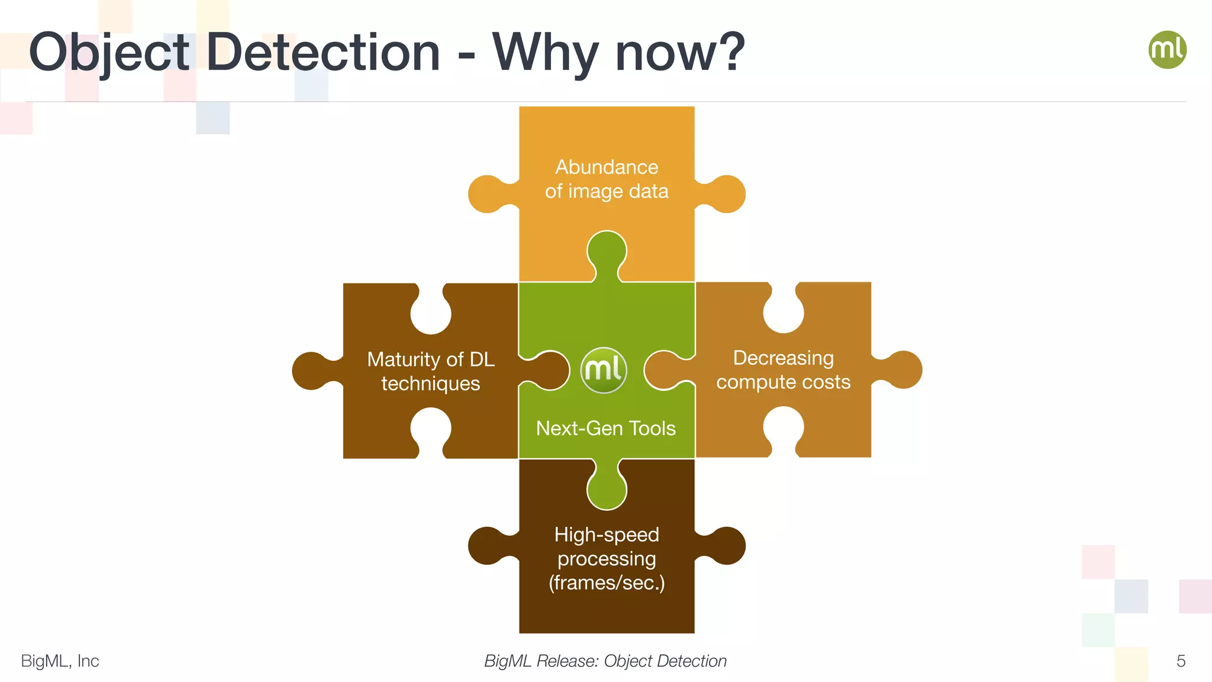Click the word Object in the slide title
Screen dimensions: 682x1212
pos(109,53)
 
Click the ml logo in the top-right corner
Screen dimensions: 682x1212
pos(1167,50)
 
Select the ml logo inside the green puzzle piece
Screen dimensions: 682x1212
pos(604,371)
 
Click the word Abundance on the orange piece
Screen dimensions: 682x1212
pos(607,167)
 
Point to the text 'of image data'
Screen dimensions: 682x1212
pos(607,191)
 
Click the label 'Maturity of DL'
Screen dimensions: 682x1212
pos(431,359)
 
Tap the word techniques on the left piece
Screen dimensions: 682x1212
pos(431,384)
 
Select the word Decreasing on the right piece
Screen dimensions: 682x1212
pos(783,358)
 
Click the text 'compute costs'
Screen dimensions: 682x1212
pos(783,382)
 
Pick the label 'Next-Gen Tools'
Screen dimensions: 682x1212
pos(605,428)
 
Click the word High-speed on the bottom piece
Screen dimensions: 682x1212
pos(607,535)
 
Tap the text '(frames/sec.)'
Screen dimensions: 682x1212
pos(607,583)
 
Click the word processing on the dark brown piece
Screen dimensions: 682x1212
pos(607,559)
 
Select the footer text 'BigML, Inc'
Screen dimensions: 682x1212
pos(60,661)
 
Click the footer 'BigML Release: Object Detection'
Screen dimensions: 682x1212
pos(605,661)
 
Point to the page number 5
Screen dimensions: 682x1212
pos(1181,661)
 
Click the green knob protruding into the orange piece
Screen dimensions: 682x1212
pos(607,252)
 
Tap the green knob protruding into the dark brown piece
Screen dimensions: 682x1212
pos(607,488)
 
